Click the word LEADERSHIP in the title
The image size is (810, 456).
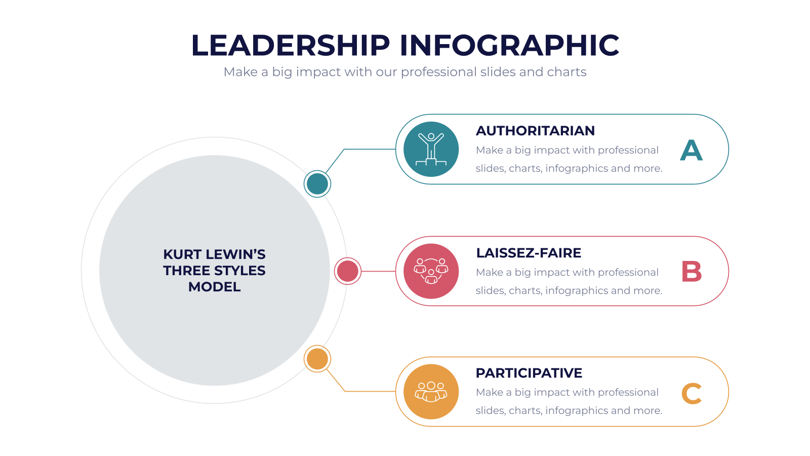point(291,45)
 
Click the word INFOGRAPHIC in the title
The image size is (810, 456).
point(509,45)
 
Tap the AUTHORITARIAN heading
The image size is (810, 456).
point(535,131)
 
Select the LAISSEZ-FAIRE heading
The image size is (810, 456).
point(529,253)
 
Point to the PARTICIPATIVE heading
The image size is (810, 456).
point(529,373)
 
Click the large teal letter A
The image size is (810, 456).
point(691,150)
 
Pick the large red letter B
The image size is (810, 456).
point(692,272)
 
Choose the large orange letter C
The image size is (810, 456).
point(692,393)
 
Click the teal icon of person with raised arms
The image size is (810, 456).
point(431,149)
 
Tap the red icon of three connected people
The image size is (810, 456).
point(431,271)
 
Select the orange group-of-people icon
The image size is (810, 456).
point(431,392)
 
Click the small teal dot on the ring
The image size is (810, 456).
point(317,184)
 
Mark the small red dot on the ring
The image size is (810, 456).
point(347,271)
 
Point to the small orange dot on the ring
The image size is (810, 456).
point(317,359)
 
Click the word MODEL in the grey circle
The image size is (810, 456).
point(215,287)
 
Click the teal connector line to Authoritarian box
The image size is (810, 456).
point(344,149)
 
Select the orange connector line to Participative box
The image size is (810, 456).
point(345,391)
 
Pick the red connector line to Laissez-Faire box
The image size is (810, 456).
point(378,271)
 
